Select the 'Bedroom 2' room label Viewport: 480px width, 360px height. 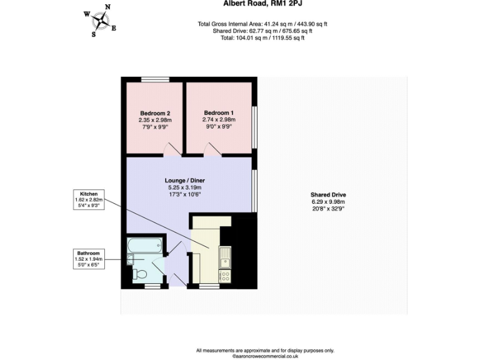(x=154, y=113)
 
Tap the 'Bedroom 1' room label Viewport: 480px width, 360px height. (x=218, y=112)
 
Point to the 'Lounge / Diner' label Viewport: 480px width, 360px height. (x=186, y=180)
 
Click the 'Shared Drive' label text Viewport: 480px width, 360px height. (x=328, y=194)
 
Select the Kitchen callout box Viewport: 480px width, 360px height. (x=88, y=199)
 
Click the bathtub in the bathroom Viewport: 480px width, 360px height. (x=146, y=246)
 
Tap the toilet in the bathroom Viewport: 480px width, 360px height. (x=141, y=274)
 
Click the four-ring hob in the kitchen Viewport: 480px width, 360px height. (x=224, y=275)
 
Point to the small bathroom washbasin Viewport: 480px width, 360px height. (x=130, y=260)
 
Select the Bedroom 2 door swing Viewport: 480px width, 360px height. (x=171, y=149)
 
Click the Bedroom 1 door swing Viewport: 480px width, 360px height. (x=212, y=149)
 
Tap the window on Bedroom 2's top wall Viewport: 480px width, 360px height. (x=152, y=79)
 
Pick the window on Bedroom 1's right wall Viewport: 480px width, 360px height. (x=254, y=127)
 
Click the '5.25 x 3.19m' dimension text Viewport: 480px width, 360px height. (x=186, y=187)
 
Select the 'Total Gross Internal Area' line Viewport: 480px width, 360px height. (x=262, y=24)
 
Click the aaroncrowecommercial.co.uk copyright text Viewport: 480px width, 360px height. (x=265, y=356)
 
